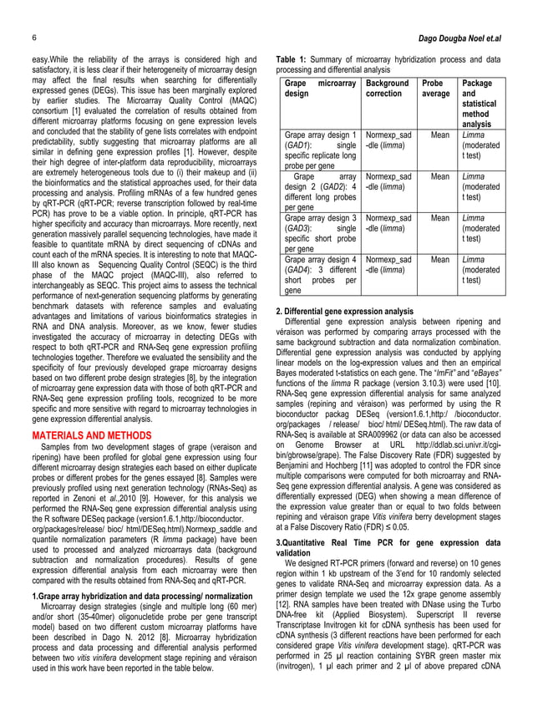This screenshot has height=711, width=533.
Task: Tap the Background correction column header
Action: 388,89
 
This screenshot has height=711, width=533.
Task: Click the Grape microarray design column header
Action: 320,89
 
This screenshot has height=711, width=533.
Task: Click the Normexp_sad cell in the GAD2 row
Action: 388,176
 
